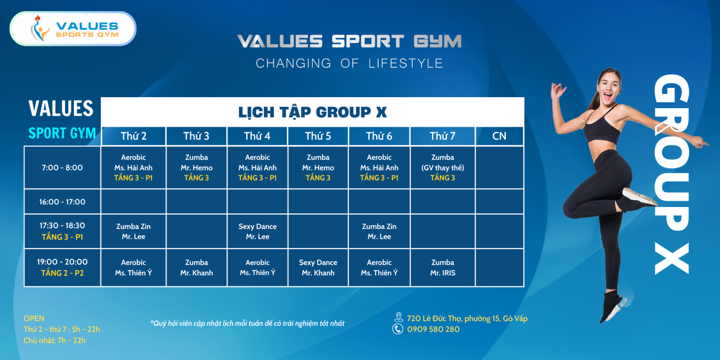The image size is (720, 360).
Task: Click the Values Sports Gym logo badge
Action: [73, 29]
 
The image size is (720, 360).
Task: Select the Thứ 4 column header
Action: [257, 136]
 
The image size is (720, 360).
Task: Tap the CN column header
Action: [499, 136]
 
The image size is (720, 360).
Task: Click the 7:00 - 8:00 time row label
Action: [63, 167]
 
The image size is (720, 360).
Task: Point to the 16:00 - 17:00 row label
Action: [63, 202]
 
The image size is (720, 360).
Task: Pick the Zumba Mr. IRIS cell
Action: [443, 267]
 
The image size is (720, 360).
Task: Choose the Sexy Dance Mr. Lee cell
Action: [257, 231]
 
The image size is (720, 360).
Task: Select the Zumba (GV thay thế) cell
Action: [443, 167]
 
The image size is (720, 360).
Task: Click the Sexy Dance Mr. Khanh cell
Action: [318, 267]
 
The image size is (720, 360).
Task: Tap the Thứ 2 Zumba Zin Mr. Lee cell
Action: [133, 231]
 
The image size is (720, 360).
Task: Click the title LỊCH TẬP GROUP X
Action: [312, 112]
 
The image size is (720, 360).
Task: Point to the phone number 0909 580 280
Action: [433, 329]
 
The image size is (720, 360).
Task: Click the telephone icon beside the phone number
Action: [398, 329]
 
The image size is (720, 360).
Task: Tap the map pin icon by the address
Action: [399, 317]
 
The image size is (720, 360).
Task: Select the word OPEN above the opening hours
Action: [34, 319]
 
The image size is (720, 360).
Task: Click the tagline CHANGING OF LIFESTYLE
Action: [349, 63]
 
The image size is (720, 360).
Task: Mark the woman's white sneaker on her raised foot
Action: [639, 197]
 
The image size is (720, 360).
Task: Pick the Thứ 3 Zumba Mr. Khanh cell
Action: [196, 267]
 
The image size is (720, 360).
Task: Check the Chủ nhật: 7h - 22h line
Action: [54, 340]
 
